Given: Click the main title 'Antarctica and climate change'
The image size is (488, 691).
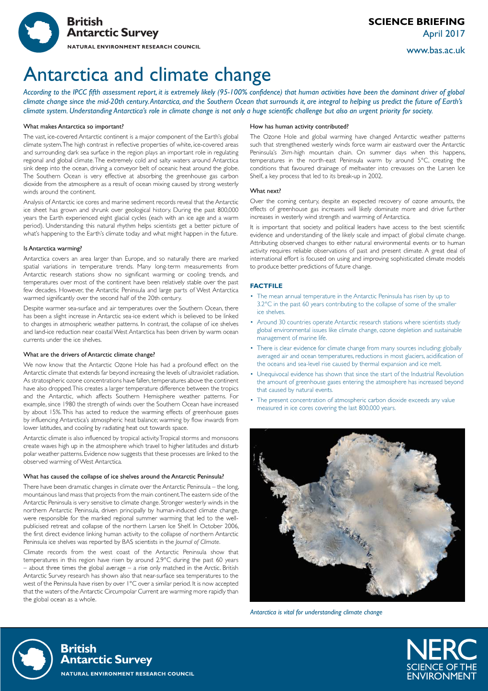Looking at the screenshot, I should (x=147, y=75).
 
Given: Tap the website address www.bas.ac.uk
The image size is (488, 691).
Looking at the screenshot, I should (x=435, y=50).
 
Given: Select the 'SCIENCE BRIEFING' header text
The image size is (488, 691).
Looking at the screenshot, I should (x=416, y=22).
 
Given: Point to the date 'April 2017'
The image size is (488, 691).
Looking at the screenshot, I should (x=444, y=34).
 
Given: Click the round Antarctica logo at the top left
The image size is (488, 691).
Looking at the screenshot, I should (x=39, y=33).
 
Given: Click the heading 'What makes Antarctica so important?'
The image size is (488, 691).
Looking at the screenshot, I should (x=73, y=127).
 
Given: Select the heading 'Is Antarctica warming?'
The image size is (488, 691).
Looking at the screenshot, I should (x=53, y=248).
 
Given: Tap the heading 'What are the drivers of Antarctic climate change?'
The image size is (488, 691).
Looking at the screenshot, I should (x=89, y=355).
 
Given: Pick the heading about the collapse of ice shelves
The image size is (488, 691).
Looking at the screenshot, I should (x=123, y=476).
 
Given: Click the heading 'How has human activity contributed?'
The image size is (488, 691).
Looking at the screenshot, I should (x=299, y=127).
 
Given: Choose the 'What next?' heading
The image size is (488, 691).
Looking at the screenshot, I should (x=266, y=191).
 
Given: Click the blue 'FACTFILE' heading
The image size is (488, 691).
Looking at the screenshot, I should (x=266, y=286).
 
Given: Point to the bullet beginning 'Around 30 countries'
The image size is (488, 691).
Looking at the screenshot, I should (x=359, y=330).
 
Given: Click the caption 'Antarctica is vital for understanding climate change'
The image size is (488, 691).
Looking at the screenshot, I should (x=316, y=612).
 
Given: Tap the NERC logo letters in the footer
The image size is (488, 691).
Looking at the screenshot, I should (x=441, y=650).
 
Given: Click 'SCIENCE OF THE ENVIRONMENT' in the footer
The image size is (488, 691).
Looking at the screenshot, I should (x=441, y=671).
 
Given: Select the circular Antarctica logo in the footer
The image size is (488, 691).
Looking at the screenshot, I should (x=33, y=659).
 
